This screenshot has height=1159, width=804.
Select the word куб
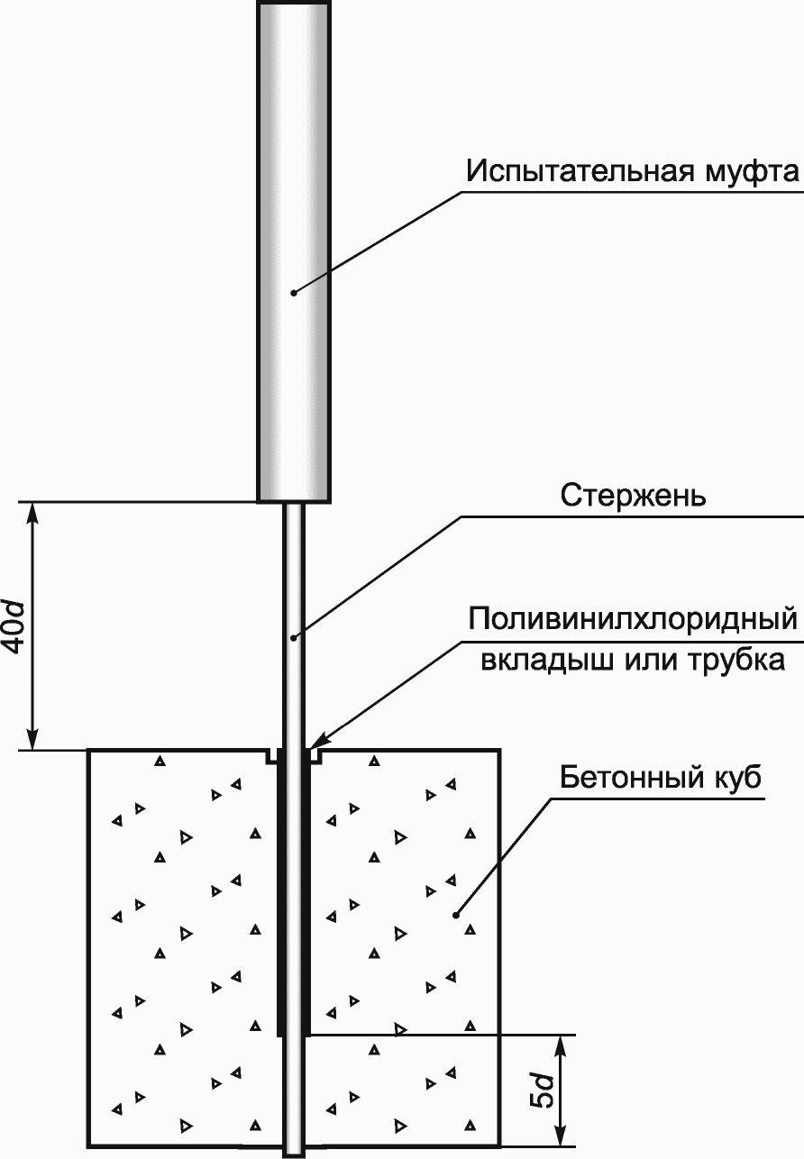click(x=732, y=777)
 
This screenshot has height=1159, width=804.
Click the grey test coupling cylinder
click(x=293, y=180)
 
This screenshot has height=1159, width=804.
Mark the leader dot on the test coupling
click(x=294, y=292)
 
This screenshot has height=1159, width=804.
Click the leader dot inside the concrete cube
click(x=456, y=915)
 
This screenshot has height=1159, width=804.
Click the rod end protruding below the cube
click(x=294, y=1151)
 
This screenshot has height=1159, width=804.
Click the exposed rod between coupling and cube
click(x=294, y=577)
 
